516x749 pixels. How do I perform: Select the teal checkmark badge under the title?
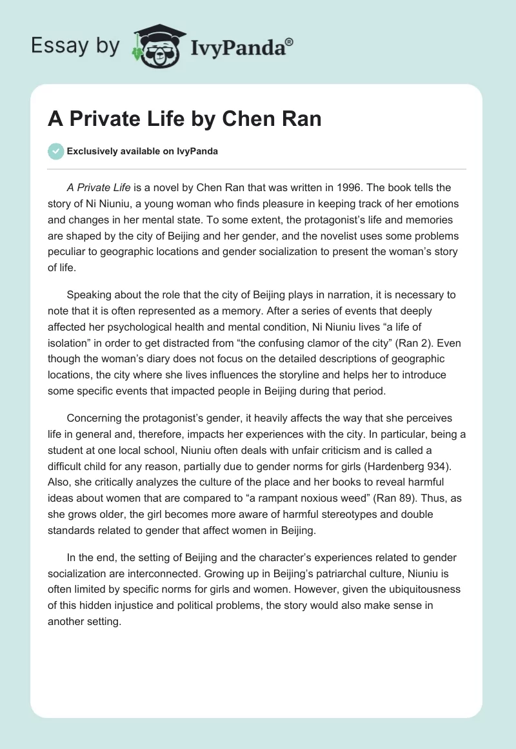coord(55,151)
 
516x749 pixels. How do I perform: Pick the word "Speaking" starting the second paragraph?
coord(88,294)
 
